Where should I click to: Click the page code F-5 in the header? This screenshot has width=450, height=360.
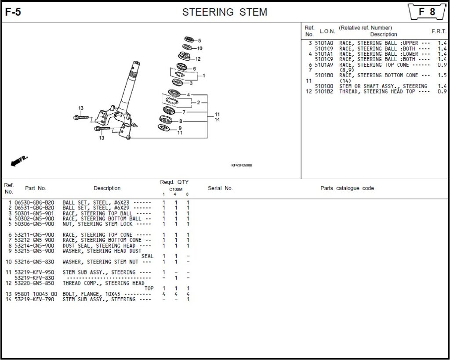pyautogui.click(x=13, y=12)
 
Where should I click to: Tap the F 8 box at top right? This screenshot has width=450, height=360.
pyautogui.click(x=427, y=12)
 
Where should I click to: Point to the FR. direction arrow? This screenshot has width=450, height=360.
pyautogui.click(x=19, y=161)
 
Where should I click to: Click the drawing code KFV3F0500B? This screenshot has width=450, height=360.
pyautogui.click(x=242, y=166)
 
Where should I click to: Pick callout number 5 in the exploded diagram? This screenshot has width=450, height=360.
pyautogui.click(x=199, y=40)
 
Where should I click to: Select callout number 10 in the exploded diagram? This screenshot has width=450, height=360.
pyautogui.click(x=200, y=48)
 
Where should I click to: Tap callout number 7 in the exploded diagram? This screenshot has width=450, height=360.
pyautogui.click(x=184, y=112)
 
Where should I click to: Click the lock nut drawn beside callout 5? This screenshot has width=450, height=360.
pyautogui.click(x=189, y=40)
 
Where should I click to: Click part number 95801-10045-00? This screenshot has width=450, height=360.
pyautogui.click(x=36, y=294)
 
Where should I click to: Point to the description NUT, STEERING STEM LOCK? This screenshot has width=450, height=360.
pyautogui.click(x=98, y=224)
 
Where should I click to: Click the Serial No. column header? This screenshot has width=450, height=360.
pyautogui.click(x=220, y=188)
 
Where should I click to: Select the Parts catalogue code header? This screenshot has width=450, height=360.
pyautogui.click(x=347, y=188)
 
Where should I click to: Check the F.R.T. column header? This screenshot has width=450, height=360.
pyautogui.click(x=439, y=32)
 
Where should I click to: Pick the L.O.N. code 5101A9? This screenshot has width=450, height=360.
pyautogui.click(x=324, y=65)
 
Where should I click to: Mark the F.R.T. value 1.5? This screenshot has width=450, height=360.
pyautogui.click(x=442, y=76)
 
